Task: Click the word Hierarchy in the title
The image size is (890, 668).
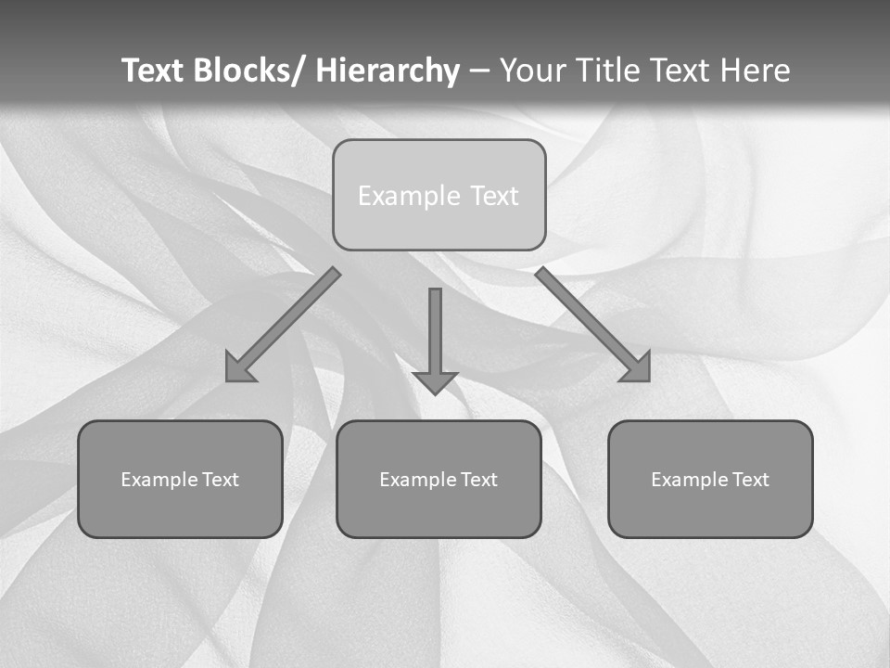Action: point(388,71)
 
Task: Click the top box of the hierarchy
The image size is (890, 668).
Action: point(439,195)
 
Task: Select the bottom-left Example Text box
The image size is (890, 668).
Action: point(180,479)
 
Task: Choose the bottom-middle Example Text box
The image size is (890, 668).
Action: point(439,479)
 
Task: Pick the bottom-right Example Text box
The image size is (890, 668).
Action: point(710,479)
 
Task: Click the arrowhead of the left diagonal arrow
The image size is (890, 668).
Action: point(238,370)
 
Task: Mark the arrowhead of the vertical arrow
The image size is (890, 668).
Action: point(436,382)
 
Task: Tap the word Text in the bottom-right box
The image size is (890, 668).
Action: point(752,480)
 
